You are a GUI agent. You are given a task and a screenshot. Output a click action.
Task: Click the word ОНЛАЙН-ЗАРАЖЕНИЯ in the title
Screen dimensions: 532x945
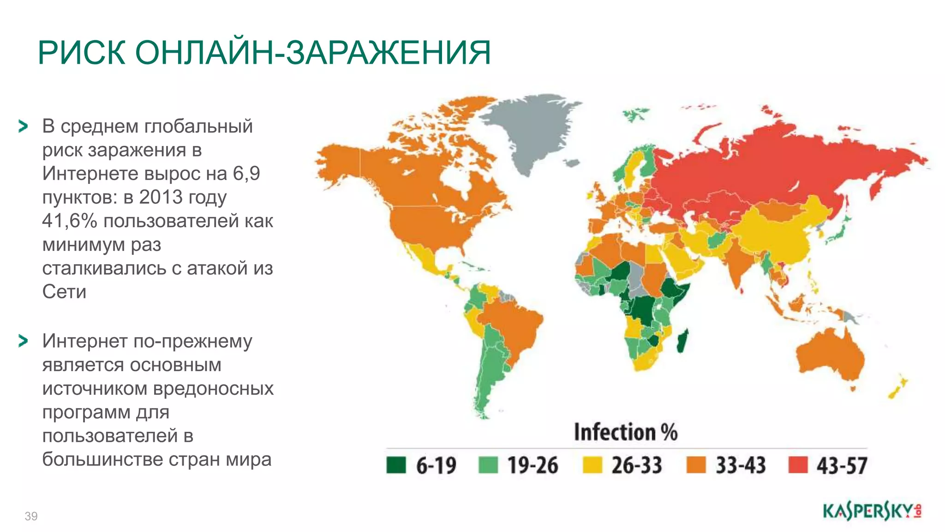pyautogui.click(x=313, y=53)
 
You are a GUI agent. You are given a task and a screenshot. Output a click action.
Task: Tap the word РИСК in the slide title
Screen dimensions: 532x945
pyautogui.click(x=82, y=53)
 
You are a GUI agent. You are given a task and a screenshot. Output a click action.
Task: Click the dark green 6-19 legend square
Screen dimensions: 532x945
pyautogui.click(x=396, y=465)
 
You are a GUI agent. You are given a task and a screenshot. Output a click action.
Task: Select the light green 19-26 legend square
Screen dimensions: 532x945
pyautogui.click(x=488, y=465)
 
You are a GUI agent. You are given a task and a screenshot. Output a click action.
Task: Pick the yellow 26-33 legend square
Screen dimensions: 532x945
pyautogui.click(x=592, y=465)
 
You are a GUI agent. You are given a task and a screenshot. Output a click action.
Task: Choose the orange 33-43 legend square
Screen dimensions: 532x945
pyautogui.click(x=696, y=465)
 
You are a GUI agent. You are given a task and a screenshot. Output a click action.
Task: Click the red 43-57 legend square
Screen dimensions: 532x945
pyautogui.click(x=798, y=465)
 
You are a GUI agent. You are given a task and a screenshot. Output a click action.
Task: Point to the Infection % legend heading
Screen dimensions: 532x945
pyautogui.click(x=625, y=433)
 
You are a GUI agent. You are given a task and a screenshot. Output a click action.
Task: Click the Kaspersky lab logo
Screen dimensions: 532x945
pyautogui.click(x=872, y=512)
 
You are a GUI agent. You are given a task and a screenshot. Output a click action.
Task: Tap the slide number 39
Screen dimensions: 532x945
pyautogui.click(x=31, y=516)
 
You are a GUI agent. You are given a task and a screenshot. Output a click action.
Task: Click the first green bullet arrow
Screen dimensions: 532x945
pyautogui.click(x=23, y=126)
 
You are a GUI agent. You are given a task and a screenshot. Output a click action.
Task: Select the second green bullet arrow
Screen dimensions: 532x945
pyautogui.click(x=23, y=341)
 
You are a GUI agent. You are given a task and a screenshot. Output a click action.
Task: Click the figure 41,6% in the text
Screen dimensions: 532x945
pyautogui.click(x=69, y=221)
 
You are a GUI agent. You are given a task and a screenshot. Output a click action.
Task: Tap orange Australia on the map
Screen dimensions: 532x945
pyautogui.click(x=826, y=356)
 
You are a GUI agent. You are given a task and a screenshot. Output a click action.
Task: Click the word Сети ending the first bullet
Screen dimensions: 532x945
pyautogui.click(x=64, y=292)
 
